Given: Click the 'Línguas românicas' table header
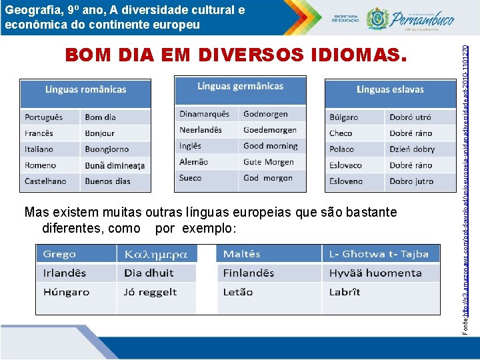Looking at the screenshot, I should coord(85,89).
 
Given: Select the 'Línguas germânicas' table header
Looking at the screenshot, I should coord(240,86).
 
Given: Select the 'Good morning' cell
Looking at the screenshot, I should coord(271,146).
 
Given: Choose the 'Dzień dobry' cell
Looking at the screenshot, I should coord(412,149).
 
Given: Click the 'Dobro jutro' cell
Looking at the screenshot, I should coord(411,181).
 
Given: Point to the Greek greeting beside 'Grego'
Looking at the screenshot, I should coord(157,254).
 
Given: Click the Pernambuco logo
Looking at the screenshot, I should coord(406,18).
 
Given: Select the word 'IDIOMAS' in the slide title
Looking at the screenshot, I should coord(353,55).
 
